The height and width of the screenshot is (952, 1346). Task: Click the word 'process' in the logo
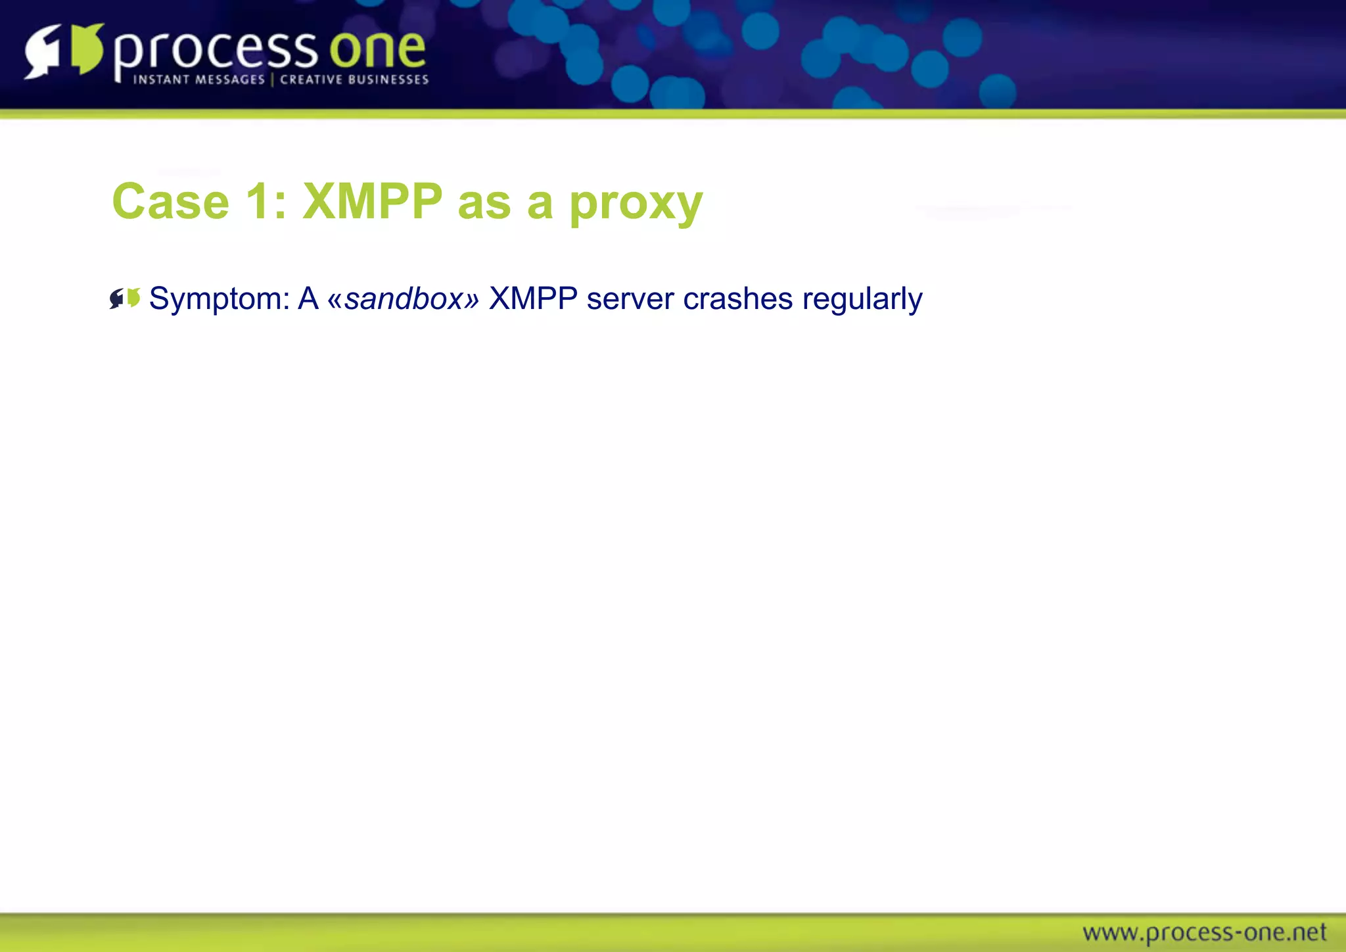(215, 51)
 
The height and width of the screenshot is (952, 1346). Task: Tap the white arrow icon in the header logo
(43, 51)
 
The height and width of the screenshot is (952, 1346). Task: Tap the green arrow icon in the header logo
(87, 49)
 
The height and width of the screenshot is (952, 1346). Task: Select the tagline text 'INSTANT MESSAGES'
(198, 80)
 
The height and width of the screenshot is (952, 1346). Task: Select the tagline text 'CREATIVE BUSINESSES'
(354, 80)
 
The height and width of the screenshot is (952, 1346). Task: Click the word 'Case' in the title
(170, 201)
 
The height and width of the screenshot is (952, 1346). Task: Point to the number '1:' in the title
(266, 201)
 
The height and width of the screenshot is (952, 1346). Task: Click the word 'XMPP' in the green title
(372, 201)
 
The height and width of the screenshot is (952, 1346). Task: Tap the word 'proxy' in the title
(636, 204)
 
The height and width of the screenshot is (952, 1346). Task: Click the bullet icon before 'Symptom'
(125, 298)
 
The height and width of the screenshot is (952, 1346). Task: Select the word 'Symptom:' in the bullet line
(220, 300)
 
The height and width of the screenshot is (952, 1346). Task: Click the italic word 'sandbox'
(404, 299)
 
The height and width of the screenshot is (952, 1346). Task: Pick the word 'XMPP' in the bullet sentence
(533, 298)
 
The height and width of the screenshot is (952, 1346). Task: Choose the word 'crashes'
(737, 298)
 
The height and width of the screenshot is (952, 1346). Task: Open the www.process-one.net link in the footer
(1204, 932)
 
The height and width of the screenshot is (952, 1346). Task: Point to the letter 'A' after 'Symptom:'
(308, 298)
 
